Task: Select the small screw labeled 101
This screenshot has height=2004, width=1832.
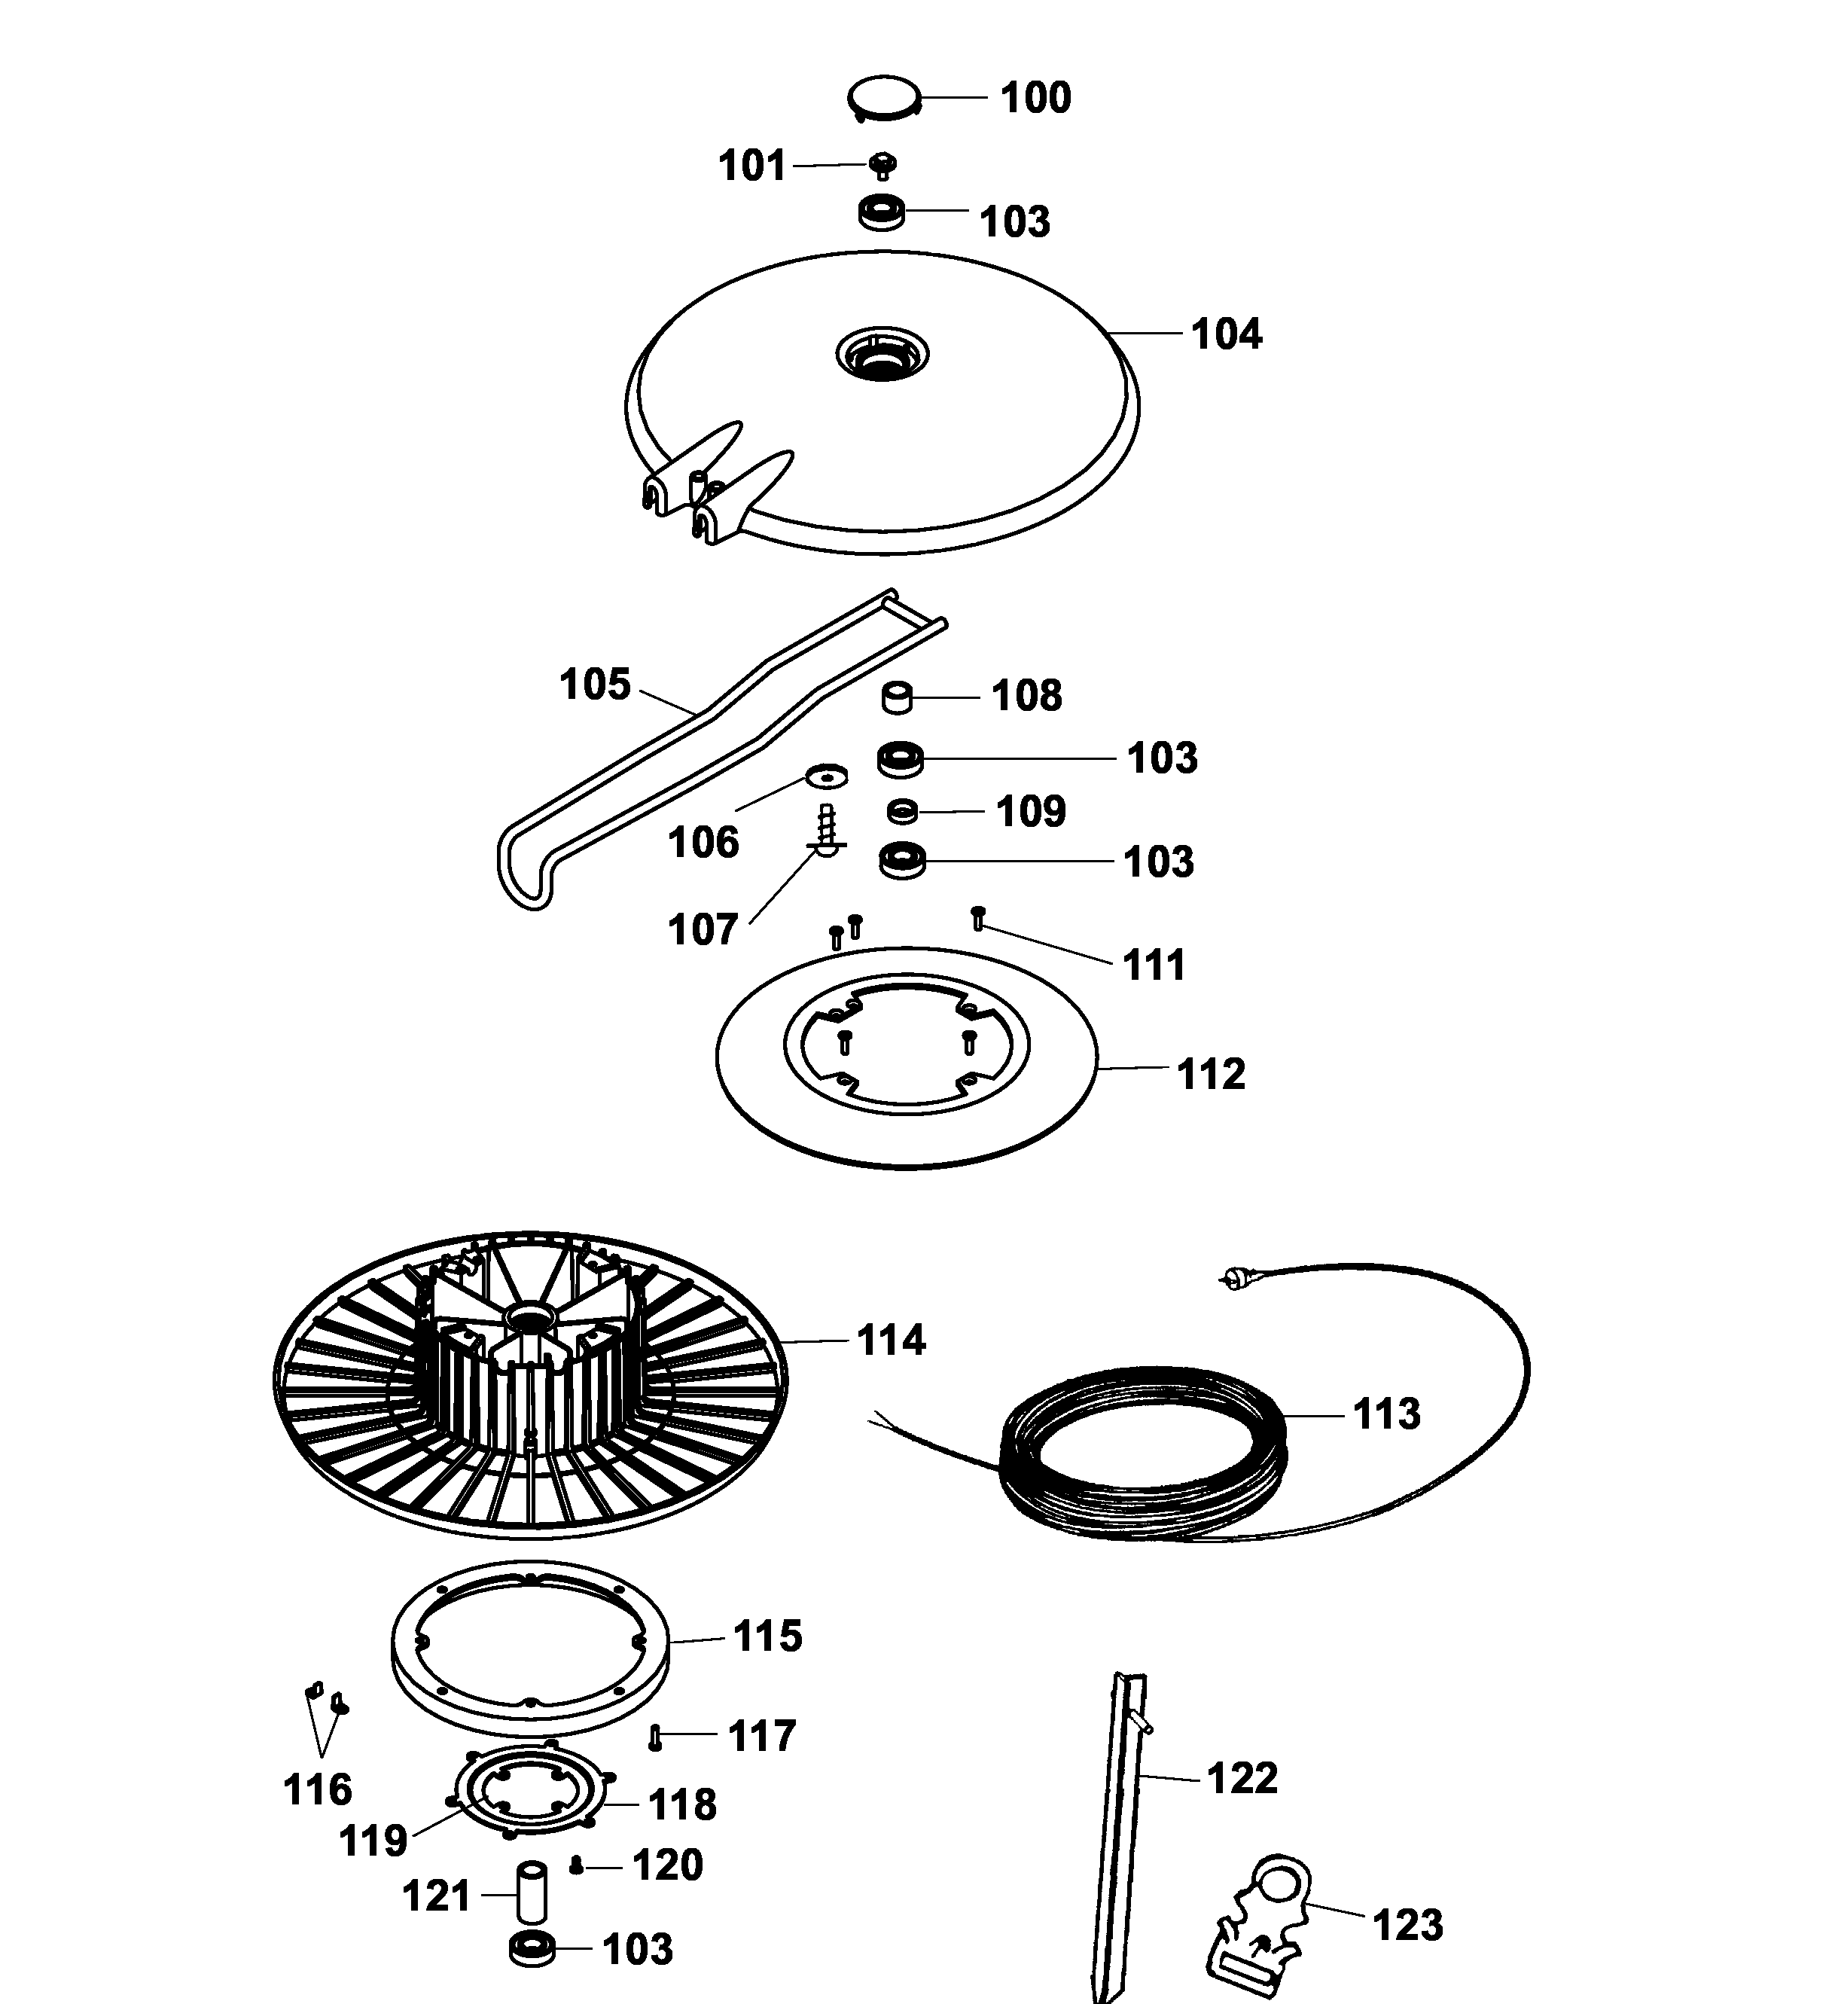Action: [882, 165]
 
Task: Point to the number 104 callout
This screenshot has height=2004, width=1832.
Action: [1226, 334]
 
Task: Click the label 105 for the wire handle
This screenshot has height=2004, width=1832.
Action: [594, 684]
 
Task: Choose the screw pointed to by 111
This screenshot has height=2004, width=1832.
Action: [977, 917]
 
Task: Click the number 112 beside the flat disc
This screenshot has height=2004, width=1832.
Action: [1210, 1074]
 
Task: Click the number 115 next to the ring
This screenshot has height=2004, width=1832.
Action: [767, 1635]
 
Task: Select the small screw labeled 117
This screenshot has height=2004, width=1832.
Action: [655, 1737]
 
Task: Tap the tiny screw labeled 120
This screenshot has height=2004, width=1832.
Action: [577, 1865]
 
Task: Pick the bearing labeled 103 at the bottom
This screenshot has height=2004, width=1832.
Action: [532, 1948]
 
